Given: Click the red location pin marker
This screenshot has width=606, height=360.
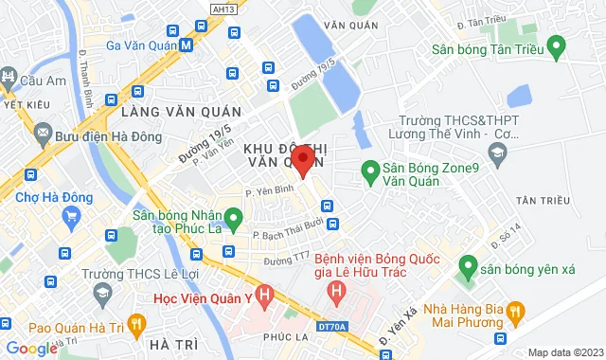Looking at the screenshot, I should click(302, 159).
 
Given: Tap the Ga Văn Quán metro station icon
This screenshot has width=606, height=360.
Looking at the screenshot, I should click(186, 45).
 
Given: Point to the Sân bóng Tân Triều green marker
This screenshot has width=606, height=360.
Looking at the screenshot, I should click(557, 45).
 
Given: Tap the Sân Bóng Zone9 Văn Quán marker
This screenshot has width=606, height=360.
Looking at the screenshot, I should click(370, 171).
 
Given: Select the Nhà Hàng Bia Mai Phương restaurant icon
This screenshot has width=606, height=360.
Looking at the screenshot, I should click(515, 309).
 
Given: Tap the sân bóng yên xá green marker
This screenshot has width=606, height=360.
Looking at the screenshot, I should click(464, 268).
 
